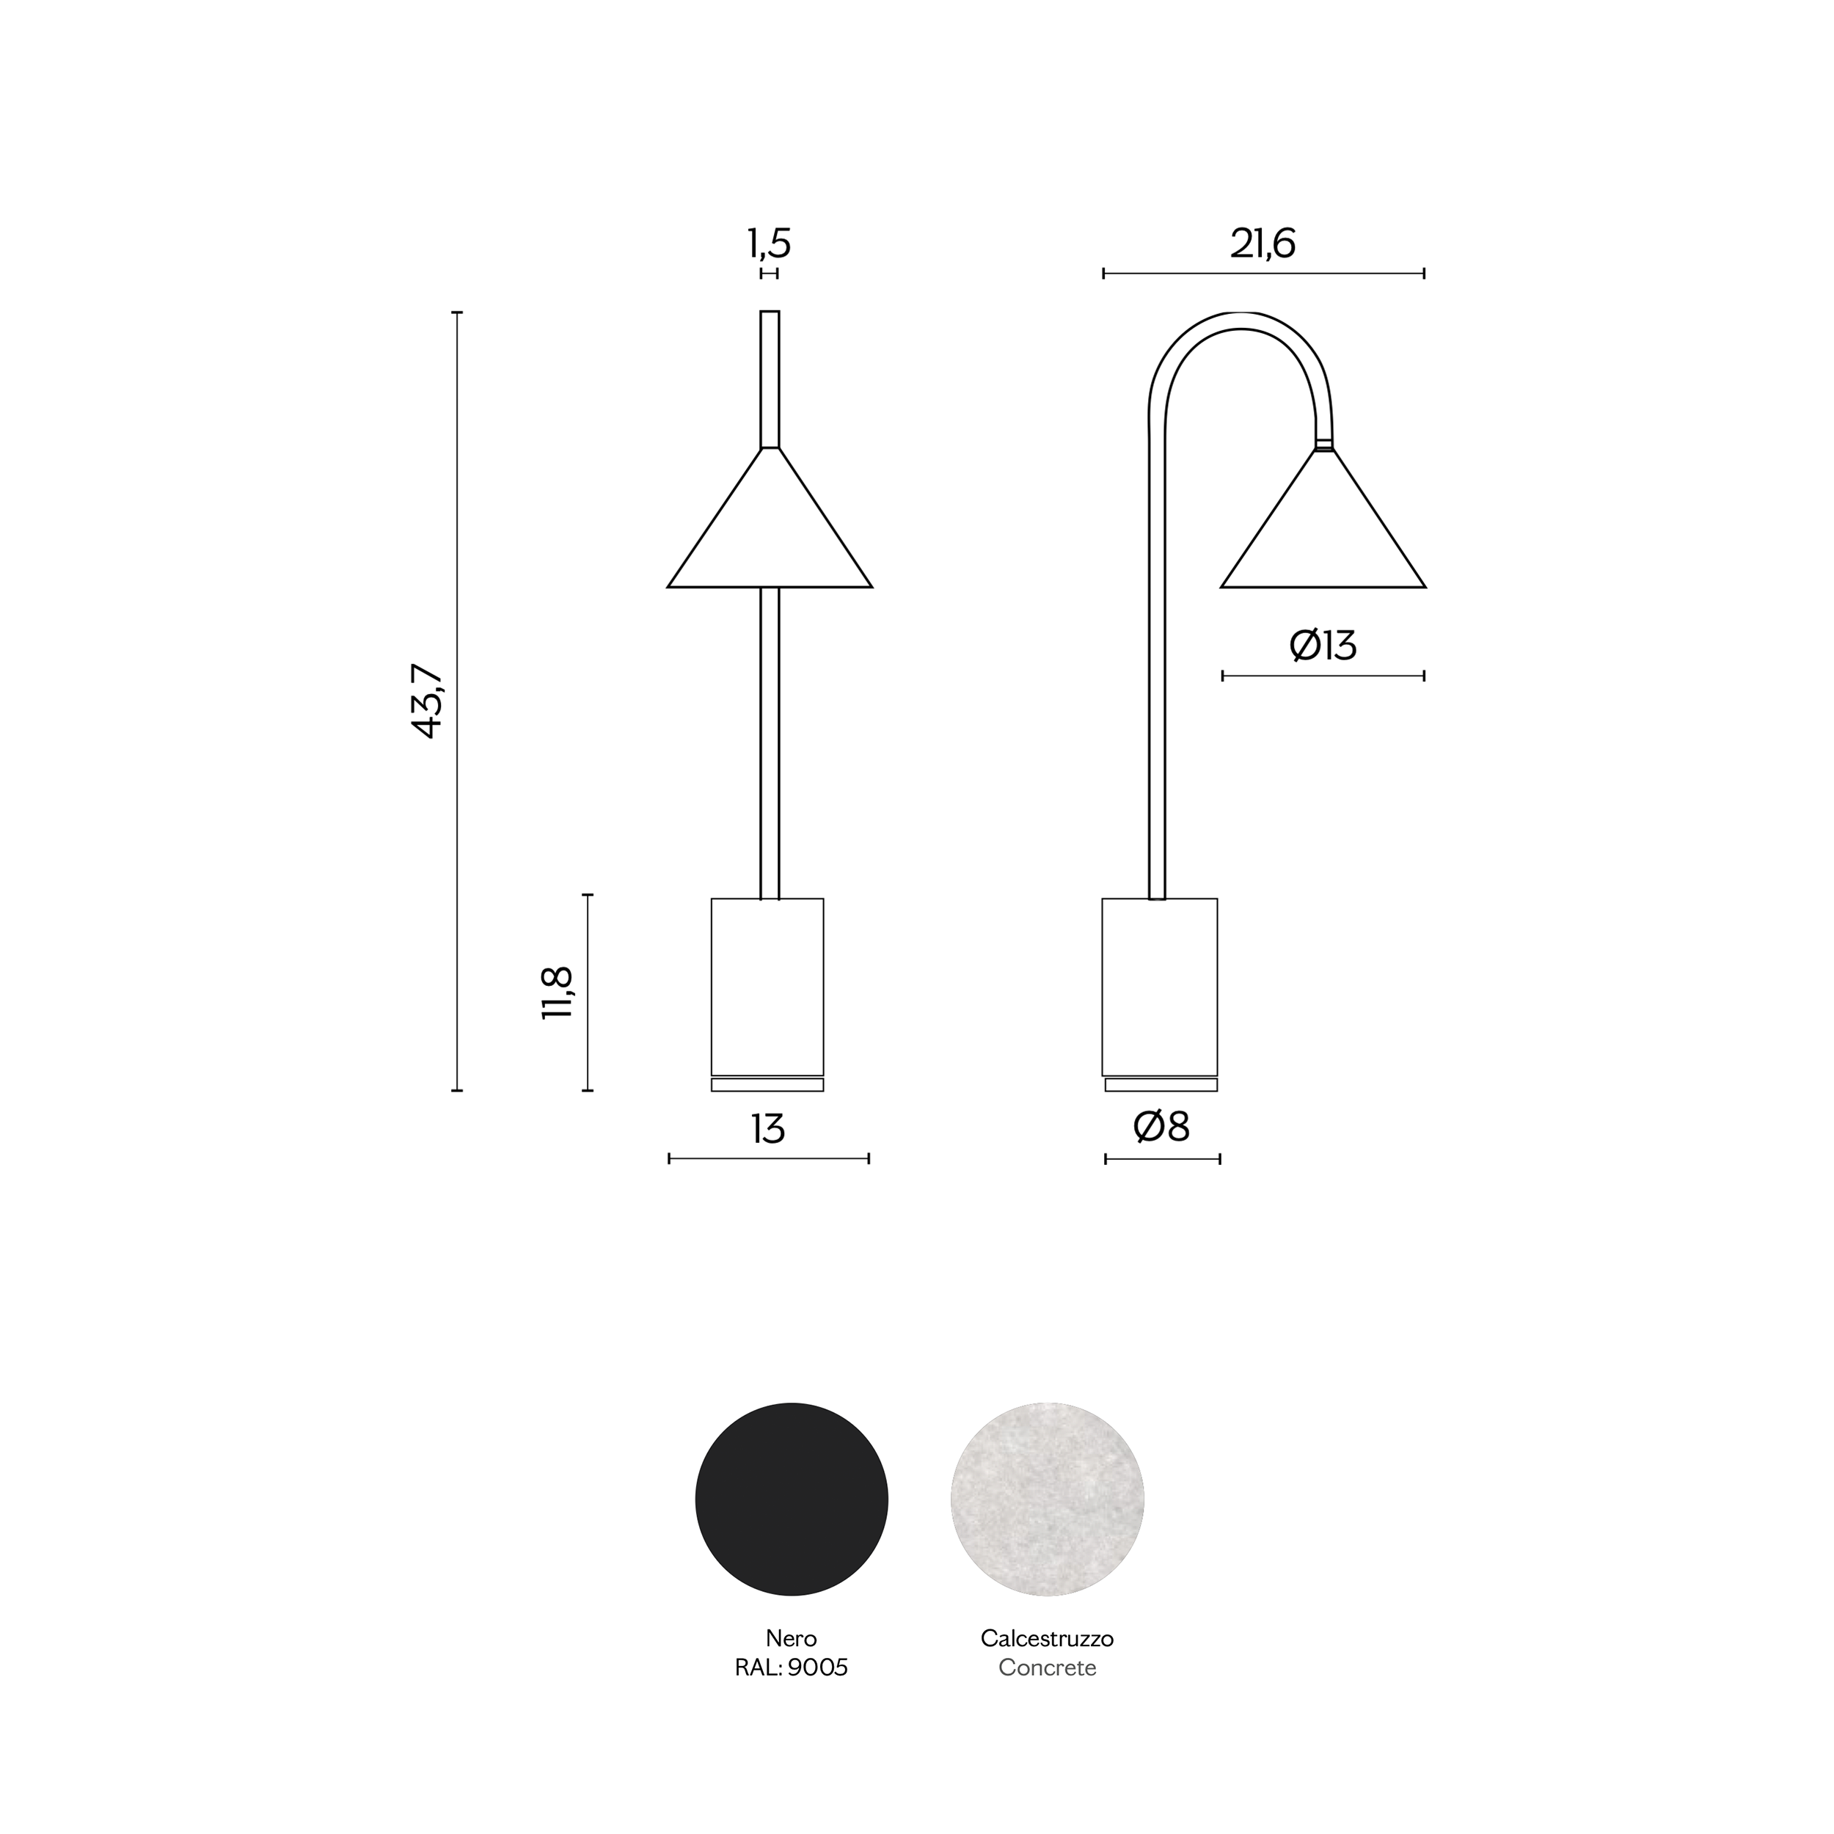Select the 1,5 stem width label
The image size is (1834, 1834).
pos(769,244)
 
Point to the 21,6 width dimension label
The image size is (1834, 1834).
pos(1263,244)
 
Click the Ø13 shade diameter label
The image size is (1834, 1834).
pos(1323,646)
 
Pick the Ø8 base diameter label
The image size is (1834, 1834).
pos(1161,1127)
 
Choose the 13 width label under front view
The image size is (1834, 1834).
pos(768,1129)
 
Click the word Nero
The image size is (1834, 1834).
pos(792,1638)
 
